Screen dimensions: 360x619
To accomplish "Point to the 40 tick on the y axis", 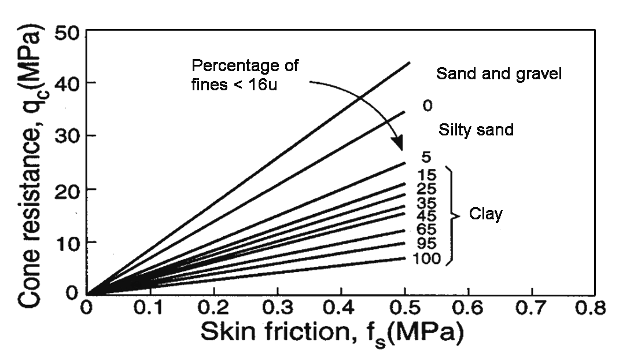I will pyautogui.click(x=68, y=84).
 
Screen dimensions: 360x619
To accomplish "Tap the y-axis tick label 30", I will pyautogui.click(x=68, y=137).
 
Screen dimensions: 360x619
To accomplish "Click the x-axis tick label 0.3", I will pyautogui.click(x=277, y=307).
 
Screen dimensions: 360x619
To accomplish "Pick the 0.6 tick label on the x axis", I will pyautogui.click(x=466, y=307).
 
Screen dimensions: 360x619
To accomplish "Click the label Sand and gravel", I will pyautogui.click(x=499, y=74).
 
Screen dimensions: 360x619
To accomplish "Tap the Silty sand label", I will pyautogui.click(x=476, y=130).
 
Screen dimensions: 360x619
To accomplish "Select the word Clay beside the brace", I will pyautogui.click(x=487, y=214).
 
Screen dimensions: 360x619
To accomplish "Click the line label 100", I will pyautogui.click(x=427, y=259).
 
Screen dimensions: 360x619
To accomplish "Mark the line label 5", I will pyautogui.click(x=426, y=157).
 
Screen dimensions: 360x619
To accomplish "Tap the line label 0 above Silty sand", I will pyautogui.click(x=428, y=106).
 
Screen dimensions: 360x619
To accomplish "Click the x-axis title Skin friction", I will pyautogui.click(x=332, y=334).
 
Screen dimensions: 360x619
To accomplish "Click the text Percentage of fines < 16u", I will pyautogui.click(x=244, y=75).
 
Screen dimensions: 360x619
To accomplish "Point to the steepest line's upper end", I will pyautogui.click(x=410, y=63).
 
